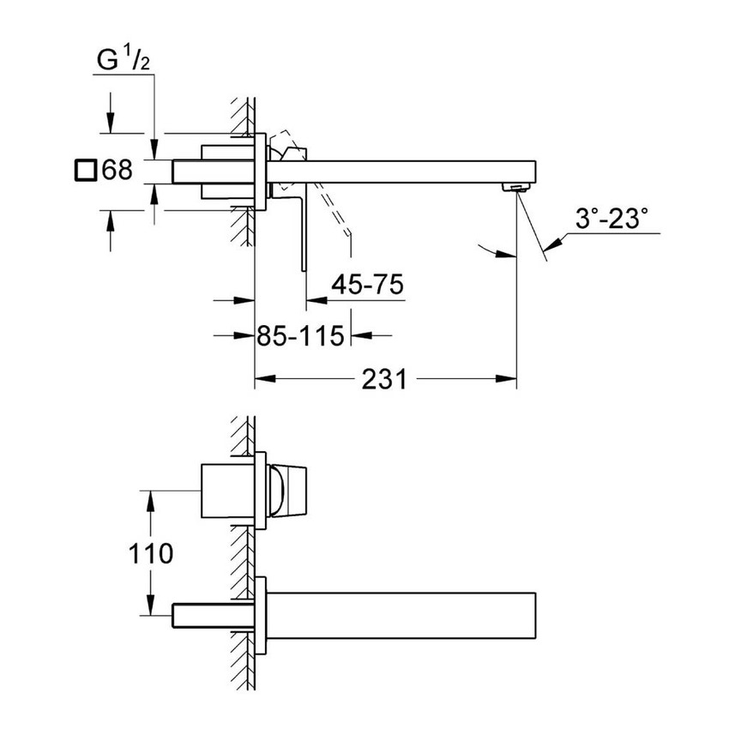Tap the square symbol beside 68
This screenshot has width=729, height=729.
pyautogui.click(x=84, y=170)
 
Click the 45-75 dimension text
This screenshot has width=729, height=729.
pyautogui.click(x=370, y=285)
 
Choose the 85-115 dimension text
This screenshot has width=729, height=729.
pyautogui.click(x=300, y=334)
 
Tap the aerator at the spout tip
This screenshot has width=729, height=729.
pyautogui.click(x=516, y=188)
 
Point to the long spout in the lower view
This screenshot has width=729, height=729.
pyautogui.click(x=403, y=617)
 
